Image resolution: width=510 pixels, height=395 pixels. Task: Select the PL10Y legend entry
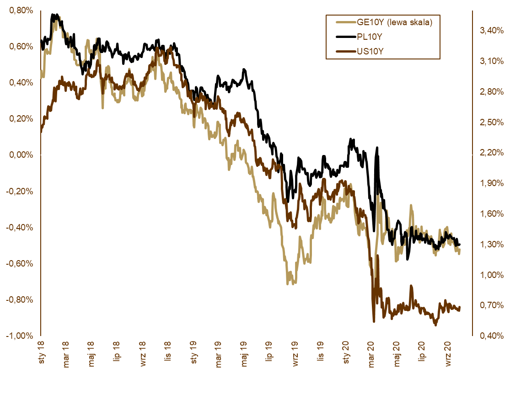point(369,36)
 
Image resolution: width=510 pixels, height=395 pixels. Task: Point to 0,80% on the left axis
point(21,11)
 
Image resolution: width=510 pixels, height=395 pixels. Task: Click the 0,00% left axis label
point(21,155)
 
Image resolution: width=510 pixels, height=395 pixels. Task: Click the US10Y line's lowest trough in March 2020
point(374,321)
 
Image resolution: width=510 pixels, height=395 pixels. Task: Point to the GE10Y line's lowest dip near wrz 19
point(288,284)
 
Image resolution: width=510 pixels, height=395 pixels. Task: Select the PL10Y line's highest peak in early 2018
point(53,15)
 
